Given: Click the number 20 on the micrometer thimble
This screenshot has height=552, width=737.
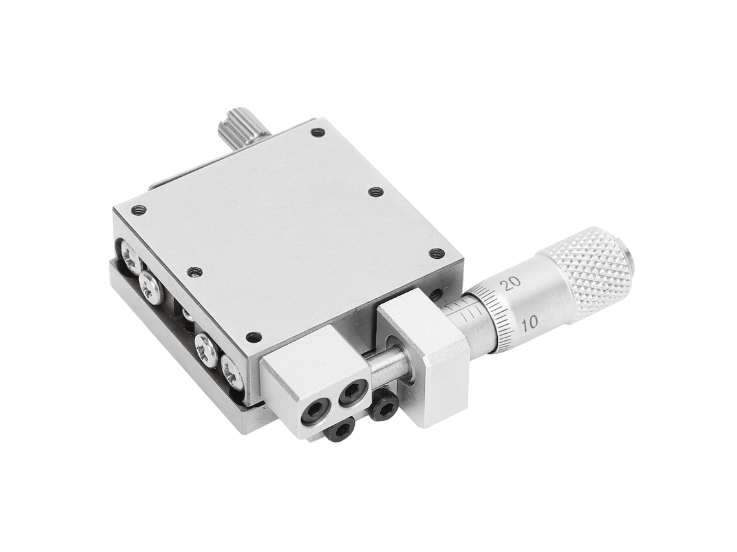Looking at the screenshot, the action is [511, 284].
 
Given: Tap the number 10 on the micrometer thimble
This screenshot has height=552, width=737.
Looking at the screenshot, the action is [529, 322].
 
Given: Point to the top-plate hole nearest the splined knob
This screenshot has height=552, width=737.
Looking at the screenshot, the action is [318, 133].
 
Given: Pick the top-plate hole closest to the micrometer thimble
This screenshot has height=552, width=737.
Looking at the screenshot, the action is [437, 253].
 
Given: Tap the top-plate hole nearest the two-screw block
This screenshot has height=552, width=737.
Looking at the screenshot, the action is [254, 336].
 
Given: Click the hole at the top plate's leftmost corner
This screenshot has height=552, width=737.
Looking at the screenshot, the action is [137, 210].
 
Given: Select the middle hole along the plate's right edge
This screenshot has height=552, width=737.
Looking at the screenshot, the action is [375, 192].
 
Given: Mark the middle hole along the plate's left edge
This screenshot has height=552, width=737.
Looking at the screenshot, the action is [194, 272].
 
